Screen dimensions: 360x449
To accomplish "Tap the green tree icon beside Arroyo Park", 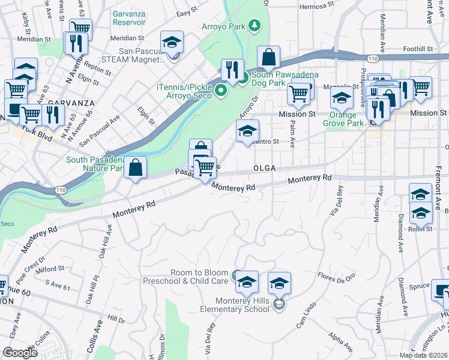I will [x=256, y=25].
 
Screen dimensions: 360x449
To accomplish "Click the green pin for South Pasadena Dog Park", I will [x=243, y=76].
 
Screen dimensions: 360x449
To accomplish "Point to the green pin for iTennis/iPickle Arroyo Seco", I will [x=220, y=91].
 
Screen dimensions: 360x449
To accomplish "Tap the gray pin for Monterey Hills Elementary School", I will [x=279, y=305].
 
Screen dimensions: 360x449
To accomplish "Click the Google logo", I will [x=20, y=353].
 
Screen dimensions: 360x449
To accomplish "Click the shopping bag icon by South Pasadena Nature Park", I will [x=137, y=168].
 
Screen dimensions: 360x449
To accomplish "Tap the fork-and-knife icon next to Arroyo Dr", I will [x=232, y=70].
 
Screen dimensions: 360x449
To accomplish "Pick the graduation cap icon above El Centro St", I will [x=246, y=132].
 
